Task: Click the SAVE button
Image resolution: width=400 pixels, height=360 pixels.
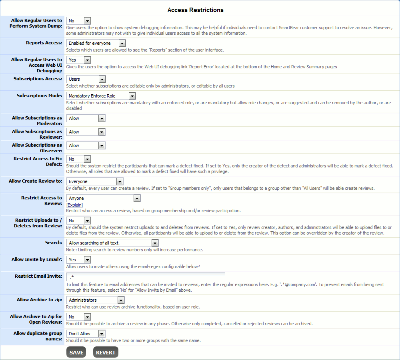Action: point(76,352)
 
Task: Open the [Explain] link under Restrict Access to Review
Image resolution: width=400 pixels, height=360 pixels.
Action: point(75,205)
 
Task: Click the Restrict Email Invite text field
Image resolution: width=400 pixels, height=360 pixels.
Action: point(146,277)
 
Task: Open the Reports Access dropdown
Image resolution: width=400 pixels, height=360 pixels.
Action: point(96,43)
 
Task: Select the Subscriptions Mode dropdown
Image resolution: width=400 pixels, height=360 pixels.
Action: point(101,96)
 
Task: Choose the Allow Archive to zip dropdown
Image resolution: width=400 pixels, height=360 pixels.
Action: point(95,300)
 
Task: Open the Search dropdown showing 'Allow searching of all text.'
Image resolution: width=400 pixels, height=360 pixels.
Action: point(112,243)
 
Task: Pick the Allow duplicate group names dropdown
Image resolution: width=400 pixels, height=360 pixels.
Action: point(86,334)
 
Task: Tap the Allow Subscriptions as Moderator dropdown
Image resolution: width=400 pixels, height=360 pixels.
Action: point(86,118)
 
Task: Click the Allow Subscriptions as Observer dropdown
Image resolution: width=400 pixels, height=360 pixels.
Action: point(86,145)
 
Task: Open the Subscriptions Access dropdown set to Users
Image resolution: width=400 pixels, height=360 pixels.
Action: point(86,79)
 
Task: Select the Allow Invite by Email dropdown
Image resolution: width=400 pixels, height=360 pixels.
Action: point(79,260)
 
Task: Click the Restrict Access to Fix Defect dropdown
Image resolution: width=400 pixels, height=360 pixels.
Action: point(79,159)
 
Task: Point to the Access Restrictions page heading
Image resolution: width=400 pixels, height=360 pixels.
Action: point(196,10)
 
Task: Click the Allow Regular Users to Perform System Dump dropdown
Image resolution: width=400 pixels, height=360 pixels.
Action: point(79,21)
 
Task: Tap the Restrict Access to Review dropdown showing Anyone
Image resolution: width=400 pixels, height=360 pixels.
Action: point(103,198)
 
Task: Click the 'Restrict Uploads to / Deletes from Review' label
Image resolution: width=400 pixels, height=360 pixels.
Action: point(38,223)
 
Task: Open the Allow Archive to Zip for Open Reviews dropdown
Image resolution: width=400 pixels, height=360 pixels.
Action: point(79,317)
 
